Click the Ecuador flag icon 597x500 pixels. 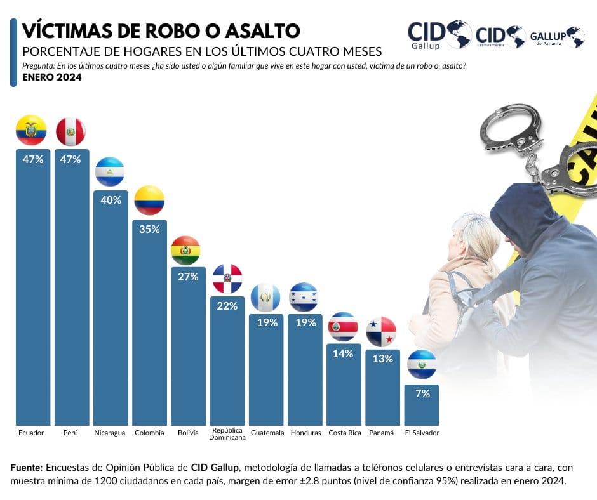[x=31, y=130]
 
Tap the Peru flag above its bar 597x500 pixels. [x=70, y=132]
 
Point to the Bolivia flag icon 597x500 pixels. [x=185, y=251]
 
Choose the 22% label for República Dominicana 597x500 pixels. [x=227, y=306]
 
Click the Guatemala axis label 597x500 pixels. [x=267, y=433]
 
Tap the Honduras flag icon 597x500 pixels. [x=304, y=297]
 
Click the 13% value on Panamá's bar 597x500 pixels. [x=382, y=359]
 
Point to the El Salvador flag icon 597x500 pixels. [x=421, y=365]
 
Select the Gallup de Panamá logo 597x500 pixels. [x=557, y=37]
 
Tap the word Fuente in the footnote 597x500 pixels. [x=25, y=468]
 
